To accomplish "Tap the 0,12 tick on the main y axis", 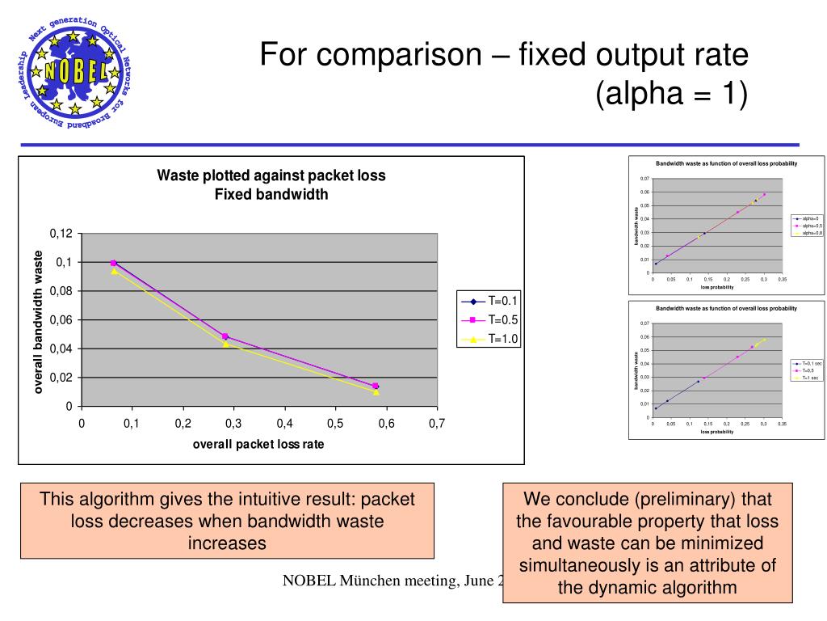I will [x=61, y=234].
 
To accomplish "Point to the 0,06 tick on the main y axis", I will [x=61, y=320].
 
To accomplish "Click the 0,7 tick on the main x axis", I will [x=437, y=424].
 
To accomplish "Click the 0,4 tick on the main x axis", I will [x=284, y=424].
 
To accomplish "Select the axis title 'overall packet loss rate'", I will [x=258, y=444].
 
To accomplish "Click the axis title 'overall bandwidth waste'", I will [x=37, y=322].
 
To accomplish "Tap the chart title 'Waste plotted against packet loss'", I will [x=271, y=175].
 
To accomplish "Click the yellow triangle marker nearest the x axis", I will [x=376, y=392].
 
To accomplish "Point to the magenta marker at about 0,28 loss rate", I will [x=225, y=336].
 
